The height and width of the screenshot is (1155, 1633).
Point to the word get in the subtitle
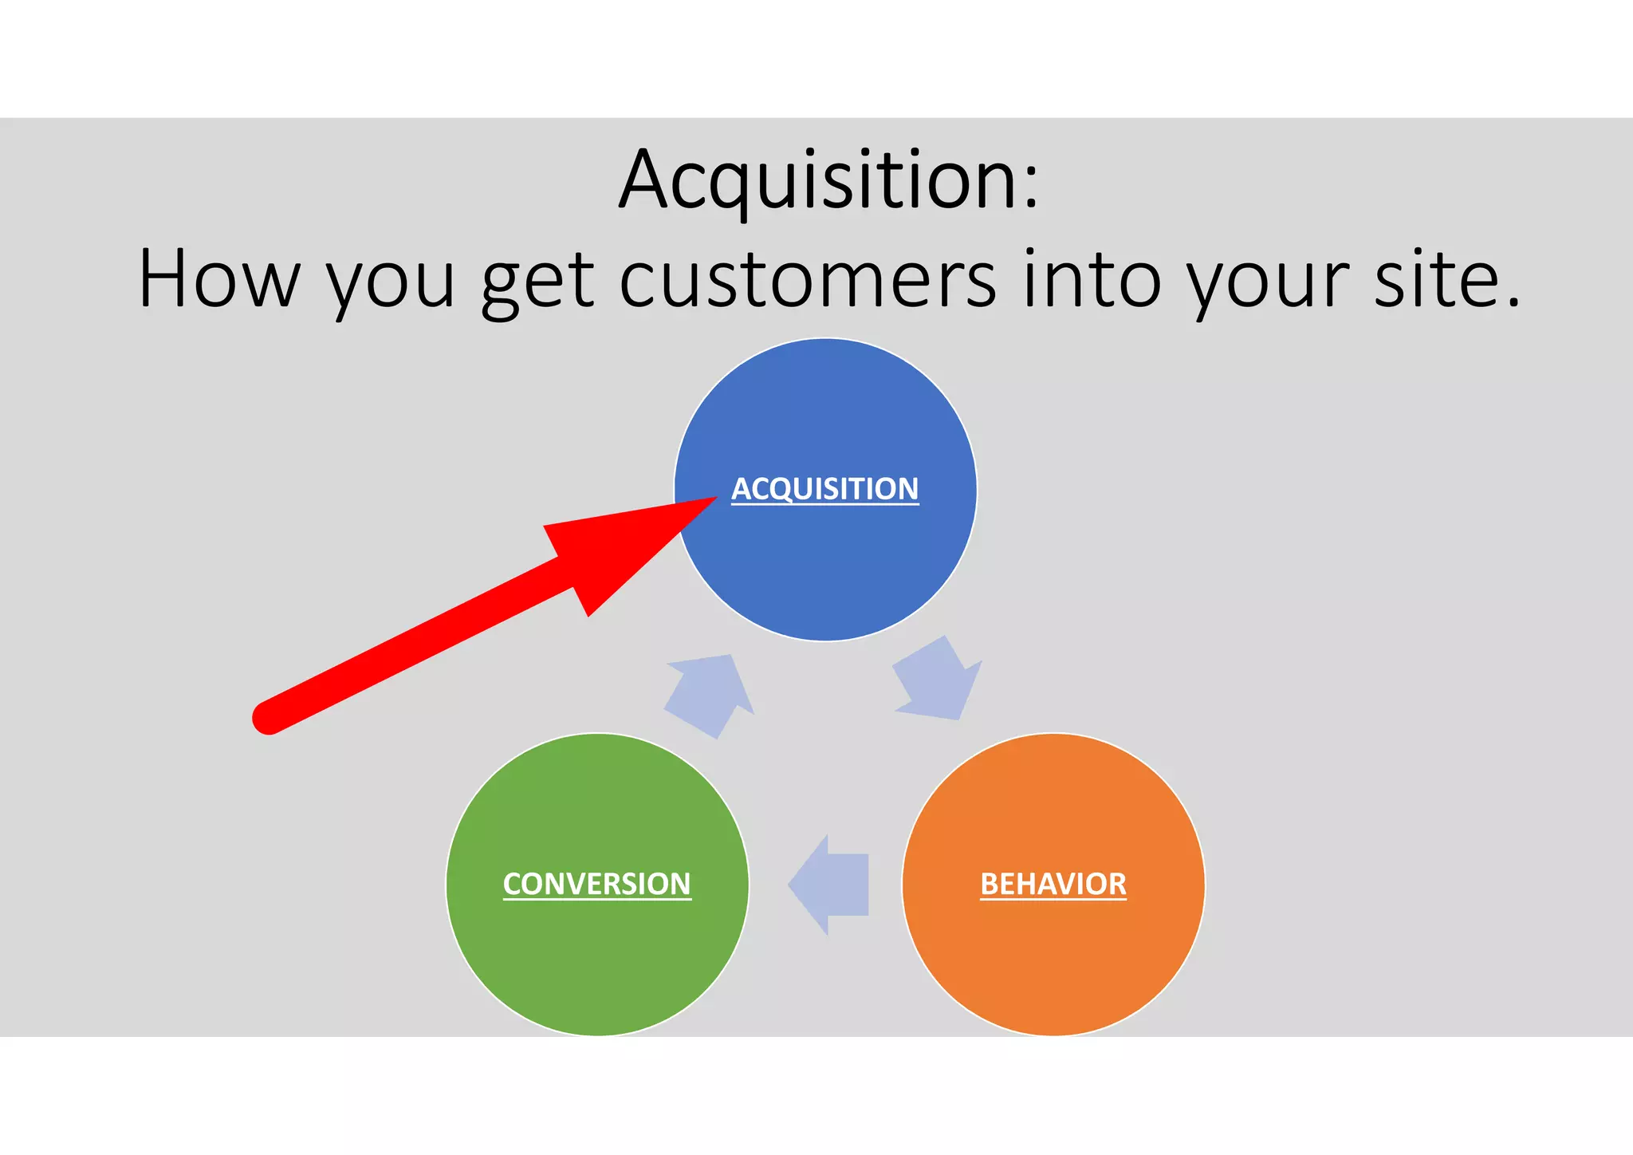pos(537,283)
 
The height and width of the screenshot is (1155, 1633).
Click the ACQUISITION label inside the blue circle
pos(825,488)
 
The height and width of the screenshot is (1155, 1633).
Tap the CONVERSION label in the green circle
pos(596,884)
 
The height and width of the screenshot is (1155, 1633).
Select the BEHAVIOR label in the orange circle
pos(1053,884)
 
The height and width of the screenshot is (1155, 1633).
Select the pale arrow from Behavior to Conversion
pos(829,885)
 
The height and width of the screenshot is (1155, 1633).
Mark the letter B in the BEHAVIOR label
pos(989,884)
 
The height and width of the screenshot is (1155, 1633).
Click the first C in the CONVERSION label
pos(513,884)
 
